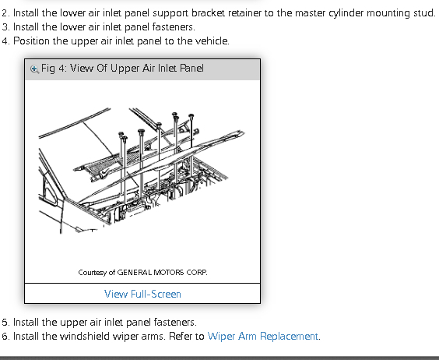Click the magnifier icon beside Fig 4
tap(34, 69)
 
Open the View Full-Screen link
tap(142, 294)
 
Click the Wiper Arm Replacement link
tap(262, 336)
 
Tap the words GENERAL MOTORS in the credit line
tap(150, 272)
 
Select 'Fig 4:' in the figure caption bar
tap(54, 69)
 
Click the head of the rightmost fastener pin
tap(191, 116)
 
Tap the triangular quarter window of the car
tap(49, 191)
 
